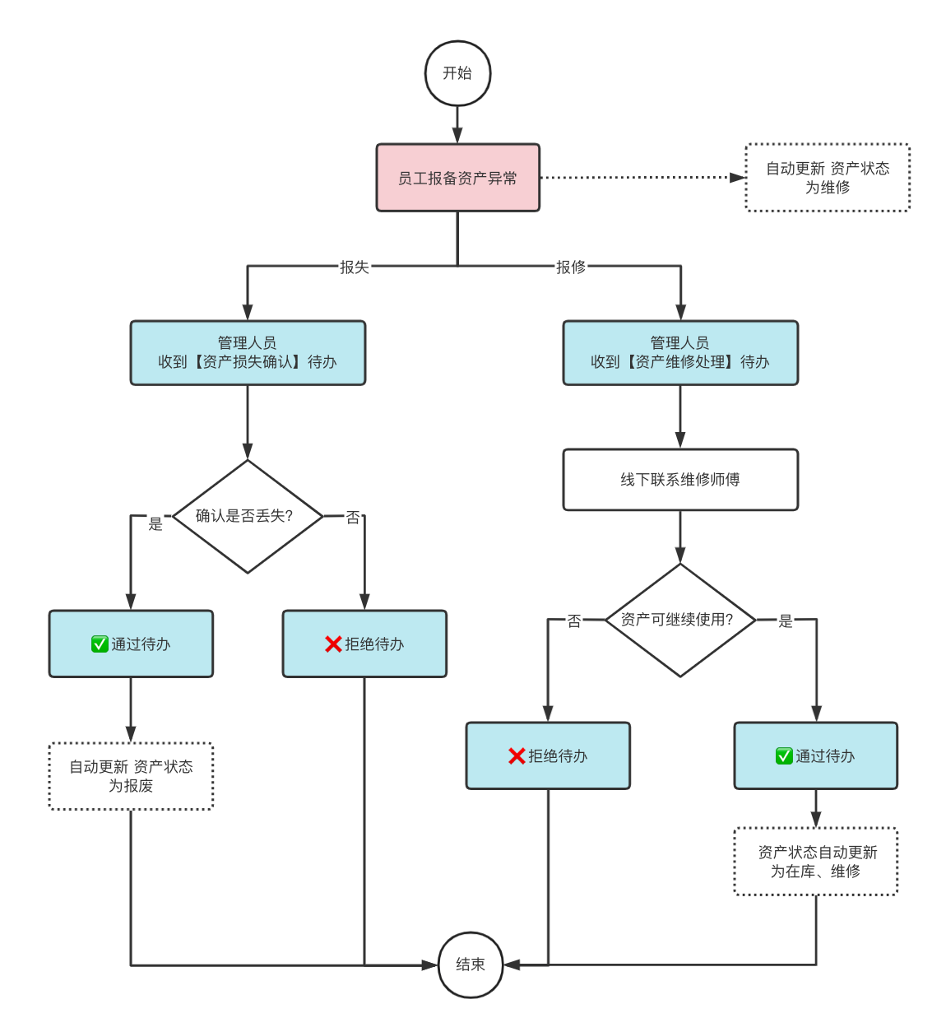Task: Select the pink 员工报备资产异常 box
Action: tap(458, 178)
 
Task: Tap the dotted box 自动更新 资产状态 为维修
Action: tap(828, 178)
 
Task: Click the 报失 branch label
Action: tap(355, 267)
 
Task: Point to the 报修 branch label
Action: tap(571, 267)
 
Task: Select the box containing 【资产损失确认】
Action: tap(248, 353)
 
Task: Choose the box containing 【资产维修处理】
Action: tap(680, 353)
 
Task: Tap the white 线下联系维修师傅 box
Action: tap(680, 480)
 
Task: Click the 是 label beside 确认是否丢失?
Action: tap(155, 523)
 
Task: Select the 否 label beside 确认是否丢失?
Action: tap(353, 517)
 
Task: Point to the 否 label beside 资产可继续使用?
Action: tap(574, 621)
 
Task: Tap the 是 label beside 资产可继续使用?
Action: tap(785, 621)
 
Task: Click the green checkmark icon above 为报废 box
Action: tap(100, 644)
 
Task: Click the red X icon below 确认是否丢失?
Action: tap(333, 644)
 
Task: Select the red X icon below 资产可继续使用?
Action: tap(517, 755)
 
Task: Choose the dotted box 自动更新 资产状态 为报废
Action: tap(131, 776)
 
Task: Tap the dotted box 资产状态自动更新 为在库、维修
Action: tap(816, 861)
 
